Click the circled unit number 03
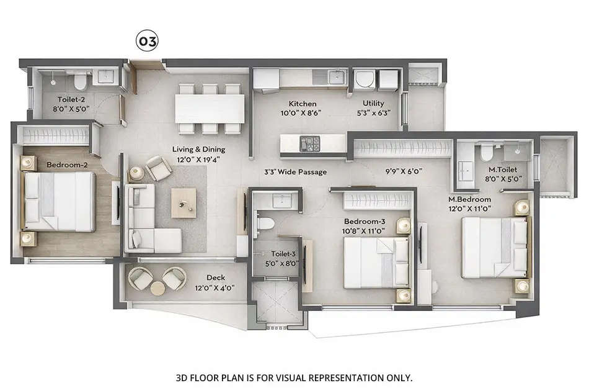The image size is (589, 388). [147, 42]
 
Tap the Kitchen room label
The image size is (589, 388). [303, 104]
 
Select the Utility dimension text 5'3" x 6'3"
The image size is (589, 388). [373, 113]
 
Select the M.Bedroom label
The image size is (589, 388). [470, 199]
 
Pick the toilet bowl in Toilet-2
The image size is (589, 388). [79, 81]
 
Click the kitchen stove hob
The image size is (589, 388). [308, 143]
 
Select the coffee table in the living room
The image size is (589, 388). [184, 202]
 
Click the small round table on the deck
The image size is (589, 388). [158, 288]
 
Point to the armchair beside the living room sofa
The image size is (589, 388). [159, 168]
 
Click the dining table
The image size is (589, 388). [208, 109]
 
